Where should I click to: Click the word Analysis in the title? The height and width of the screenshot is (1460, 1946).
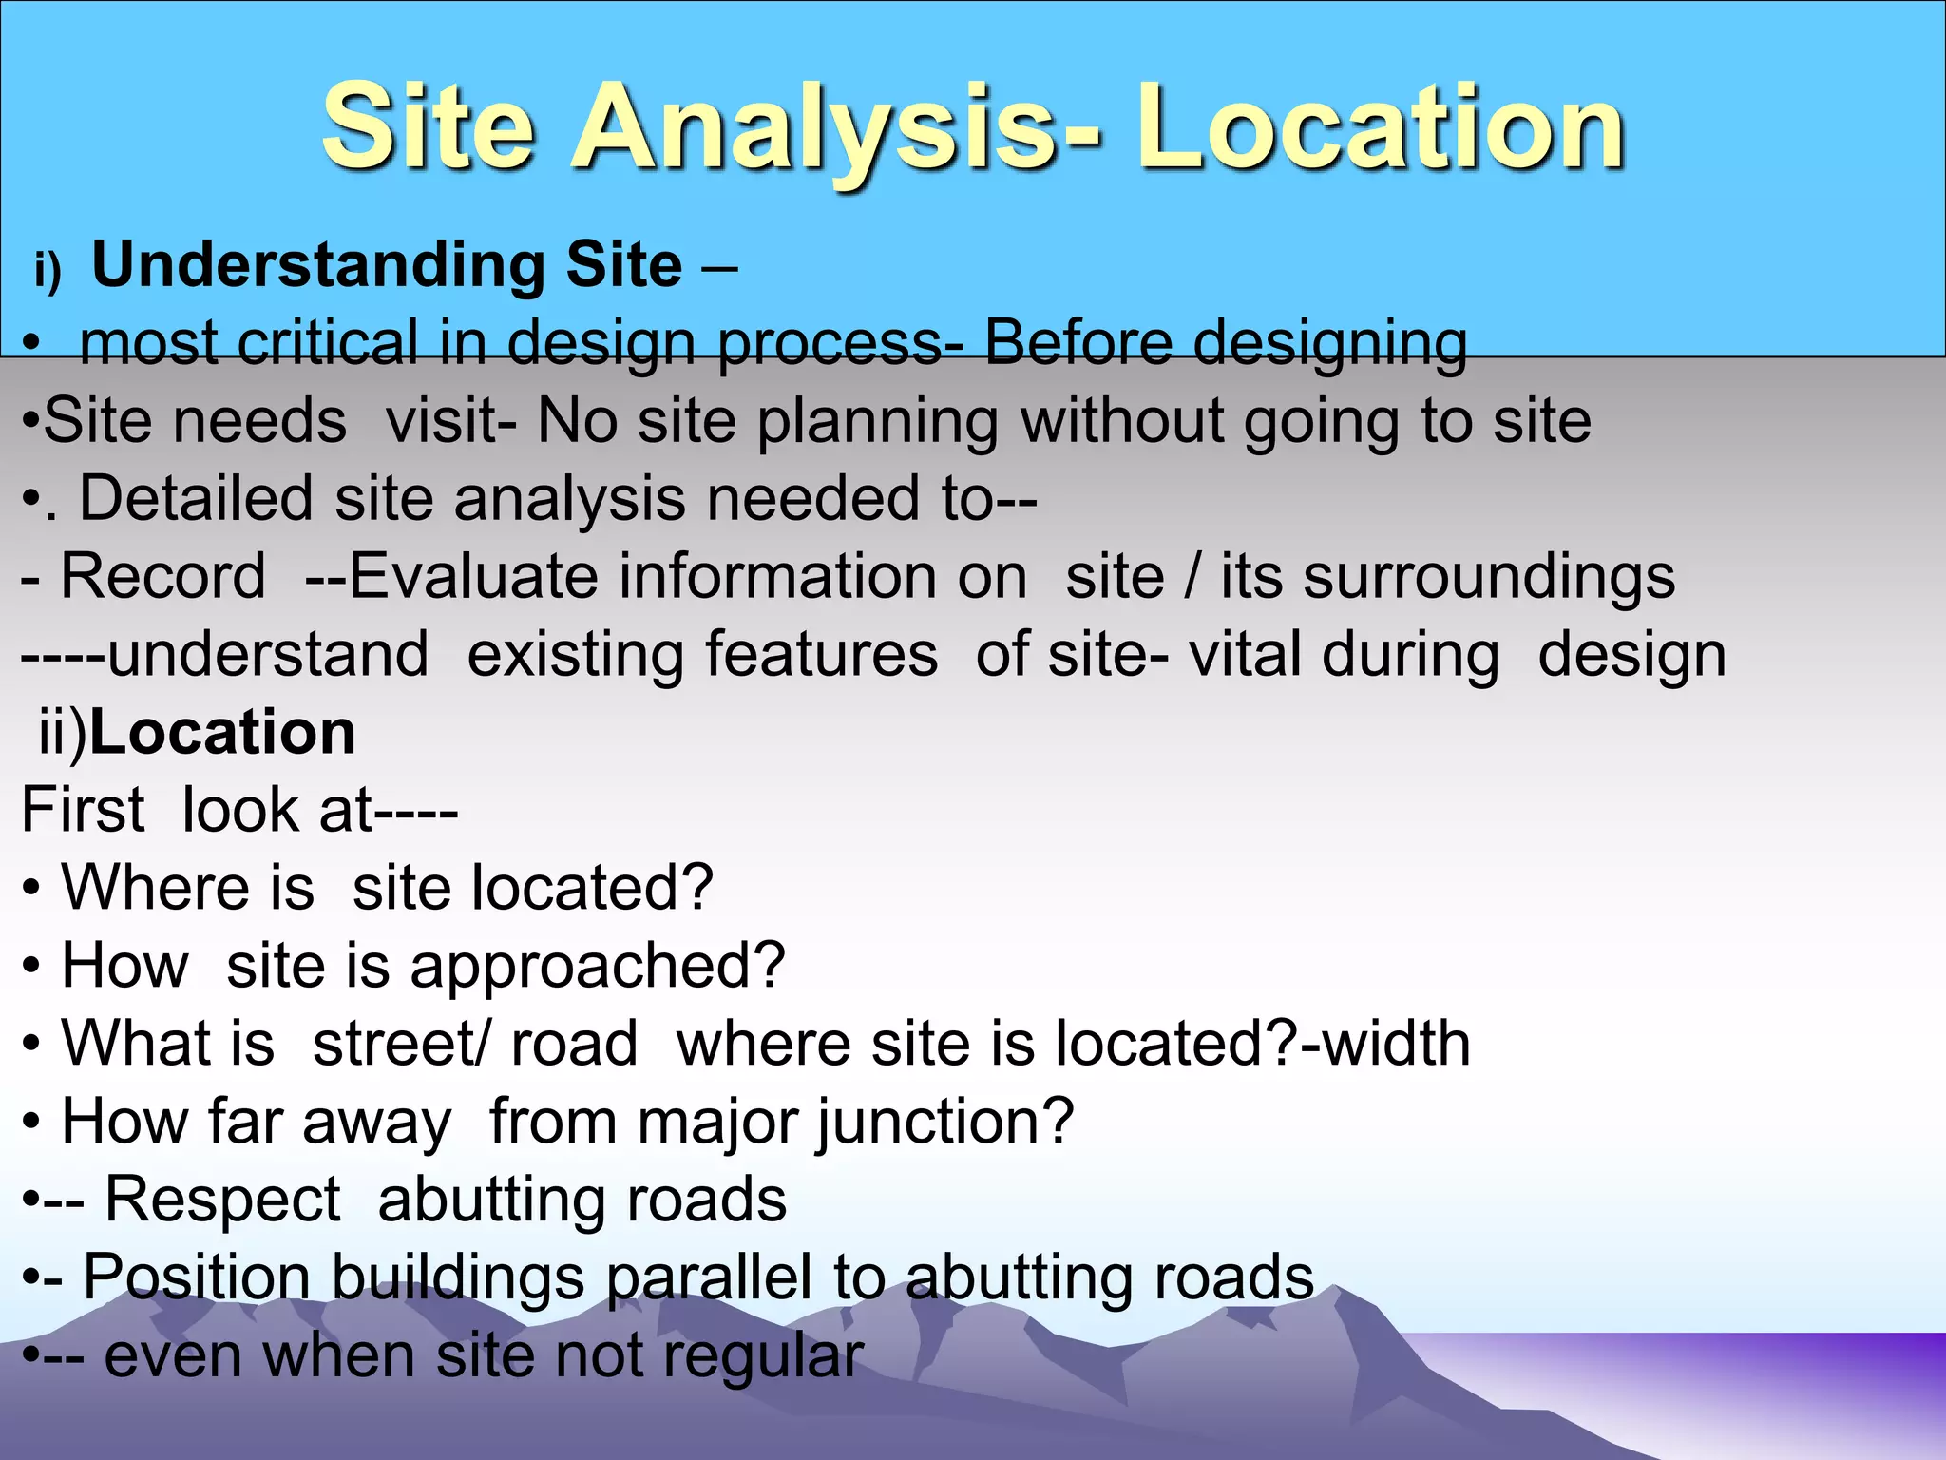(x=836, y=128)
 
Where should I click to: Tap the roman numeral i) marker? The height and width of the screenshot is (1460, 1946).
(x=48, y=270)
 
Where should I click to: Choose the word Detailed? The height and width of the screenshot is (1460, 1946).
(x=196, y=498)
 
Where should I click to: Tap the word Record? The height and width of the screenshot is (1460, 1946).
(x=162, y=577)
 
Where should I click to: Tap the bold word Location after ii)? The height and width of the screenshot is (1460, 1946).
(x=222, y=733)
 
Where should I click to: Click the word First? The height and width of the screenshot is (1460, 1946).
(x=83, y=811)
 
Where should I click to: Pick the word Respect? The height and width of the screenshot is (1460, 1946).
(x=222, y=1200)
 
